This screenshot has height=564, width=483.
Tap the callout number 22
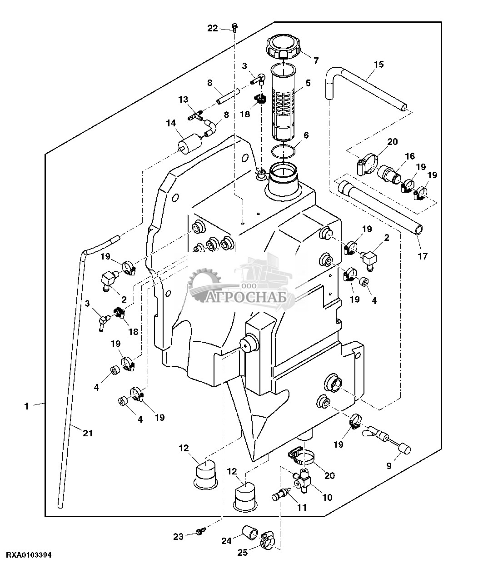213,28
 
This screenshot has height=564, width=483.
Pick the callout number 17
423,256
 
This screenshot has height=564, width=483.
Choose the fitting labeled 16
389,174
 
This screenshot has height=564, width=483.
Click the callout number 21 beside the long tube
88,433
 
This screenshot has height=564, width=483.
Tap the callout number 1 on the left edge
26,406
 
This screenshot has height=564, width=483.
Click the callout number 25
242,553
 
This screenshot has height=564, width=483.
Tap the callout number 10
327,497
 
